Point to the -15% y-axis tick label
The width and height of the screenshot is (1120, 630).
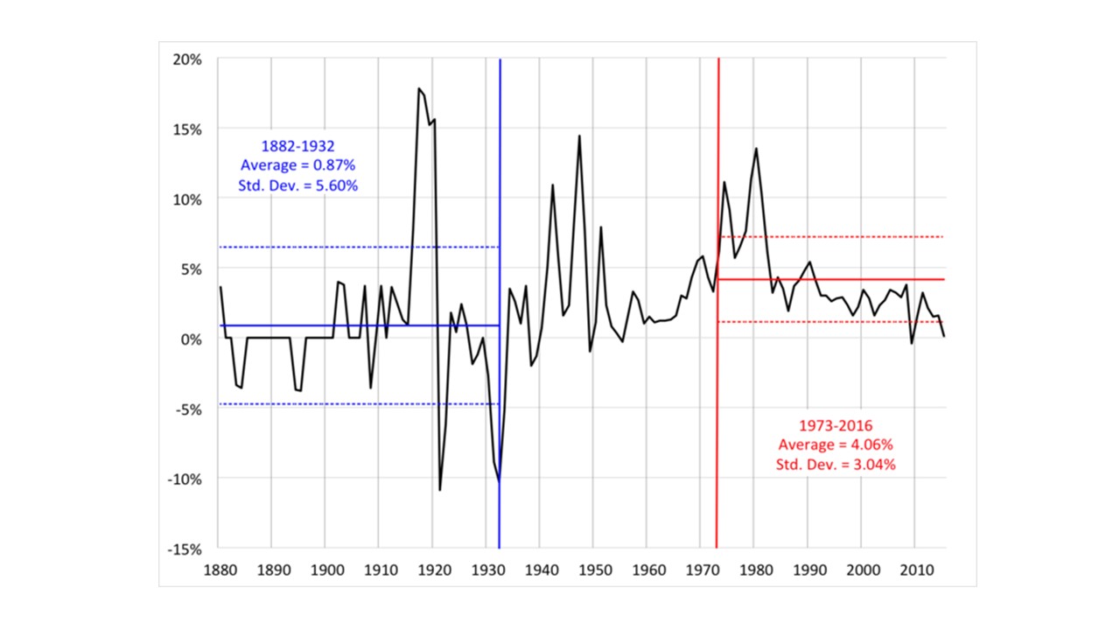pyautogui.click(x=186, y=549)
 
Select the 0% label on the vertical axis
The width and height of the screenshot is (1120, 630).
pyautogui.click(x=193, y=339)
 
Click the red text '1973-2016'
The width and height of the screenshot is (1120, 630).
pyautogui.click(x=836, y=426)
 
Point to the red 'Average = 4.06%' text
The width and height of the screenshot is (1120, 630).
pyautogui.click(x=836, y=445)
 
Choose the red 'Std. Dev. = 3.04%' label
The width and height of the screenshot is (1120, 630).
pyautogui.click(x=836, y=465)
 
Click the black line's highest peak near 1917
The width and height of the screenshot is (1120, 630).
pyautogui.click(x=418, y=89)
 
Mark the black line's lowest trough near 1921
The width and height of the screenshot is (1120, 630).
pyautogui.click(x=440, y=489)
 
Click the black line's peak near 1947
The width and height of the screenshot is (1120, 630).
pyautogui.click(x=579, y=136)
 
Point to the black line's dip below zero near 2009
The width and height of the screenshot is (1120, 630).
pyautogui.click(x=911, y=343)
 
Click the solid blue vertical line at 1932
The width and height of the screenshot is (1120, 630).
pyautogui.click(x=500, y=219)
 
